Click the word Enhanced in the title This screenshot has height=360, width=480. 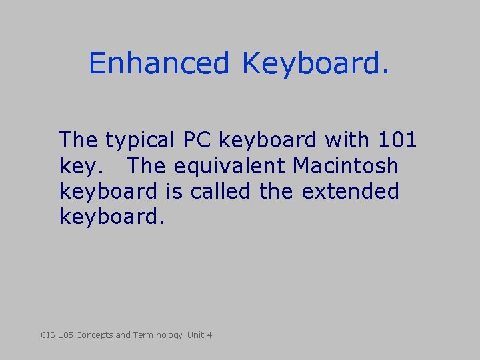tap(159, 63)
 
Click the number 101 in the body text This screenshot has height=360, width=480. tap(397, 140)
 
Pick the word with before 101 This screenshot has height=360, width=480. tap(347, 140)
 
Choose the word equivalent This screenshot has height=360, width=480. tap(230, 165)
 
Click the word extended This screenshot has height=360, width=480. tap(350, 191)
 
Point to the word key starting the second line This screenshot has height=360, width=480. tap(76, 166)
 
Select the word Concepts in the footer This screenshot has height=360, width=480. tap(95, 335)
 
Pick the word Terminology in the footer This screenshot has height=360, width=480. tap(157, 335)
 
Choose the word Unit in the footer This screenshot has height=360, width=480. tap(195, 335)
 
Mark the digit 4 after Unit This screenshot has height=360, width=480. tap(209, 335)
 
